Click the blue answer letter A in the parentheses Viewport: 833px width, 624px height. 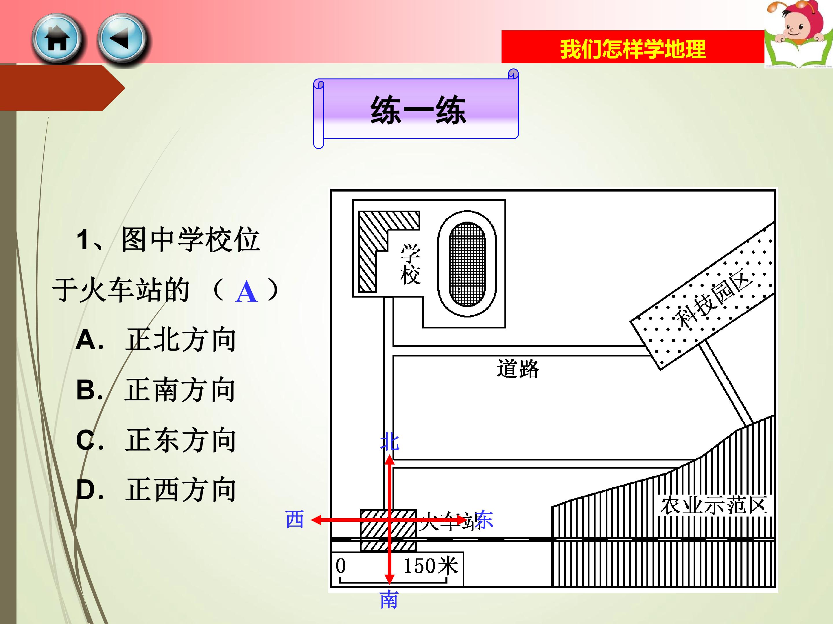click(x=247, y=292)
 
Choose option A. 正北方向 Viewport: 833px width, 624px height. click(x=156, y=340)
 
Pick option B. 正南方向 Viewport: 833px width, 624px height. click(x=156, y=390)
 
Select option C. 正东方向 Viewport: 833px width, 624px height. click(x=156, y=440)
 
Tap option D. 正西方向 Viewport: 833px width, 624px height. click(x=156, y=490)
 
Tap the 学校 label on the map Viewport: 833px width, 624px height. click(x=410, y=264)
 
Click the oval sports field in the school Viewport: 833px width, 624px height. click(x=467, y=264)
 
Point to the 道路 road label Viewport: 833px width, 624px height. click(x=518, y=368)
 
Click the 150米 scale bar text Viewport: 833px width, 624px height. click(x=431, y=566)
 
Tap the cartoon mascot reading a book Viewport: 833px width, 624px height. click(x=798, y=34)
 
